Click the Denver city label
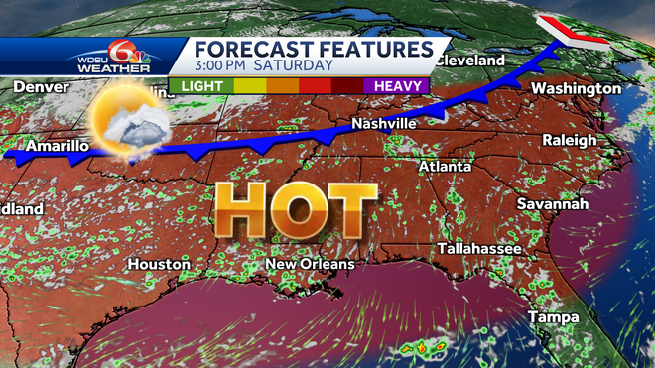(42, 88)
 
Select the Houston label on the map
(159, 265)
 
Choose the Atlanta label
(445, 167)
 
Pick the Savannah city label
(552, 204)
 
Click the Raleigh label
(570, 141)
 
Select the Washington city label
(577, 89)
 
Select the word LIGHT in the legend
(201, 86)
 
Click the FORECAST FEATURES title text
(314, 49)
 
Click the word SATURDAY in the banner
(297, 66)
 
